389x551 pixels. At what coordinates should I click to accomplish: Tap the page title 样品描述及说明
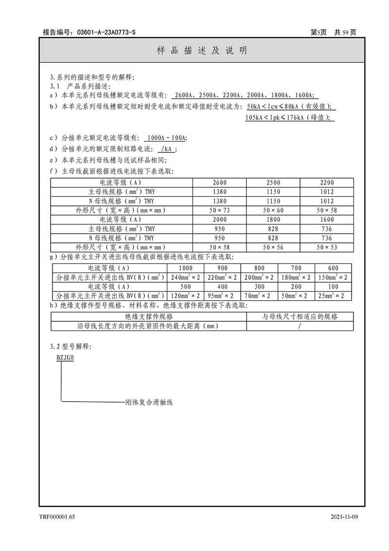coord(202,51)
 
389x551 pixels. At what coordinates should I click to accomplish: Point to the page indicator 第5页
coord(318,33)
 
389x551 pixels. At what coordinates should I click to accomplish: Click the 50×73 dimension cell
coord(220,210)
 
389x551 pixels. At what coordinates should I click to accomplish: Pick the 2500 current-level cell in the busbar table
coord(273,183)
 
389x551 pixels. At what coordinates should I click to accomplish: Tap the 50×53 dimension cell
coord(327,247)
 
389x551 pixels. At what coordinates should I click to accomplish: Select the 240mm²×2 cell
coord(185,277)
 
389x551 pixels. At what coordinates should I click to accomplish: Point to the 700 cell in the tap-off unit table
coord(296,268)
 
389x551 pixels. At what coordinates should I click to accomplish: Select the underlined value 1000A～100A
coord(167,138)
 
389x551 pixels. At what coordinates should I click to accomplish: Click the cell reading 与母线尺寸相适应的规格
coord(300,317)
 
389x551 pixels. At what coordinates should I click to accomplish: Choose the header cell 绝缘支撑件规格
coord(149,317)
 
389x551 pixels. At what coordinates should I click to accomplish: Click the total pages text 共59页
coord(345,33)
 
